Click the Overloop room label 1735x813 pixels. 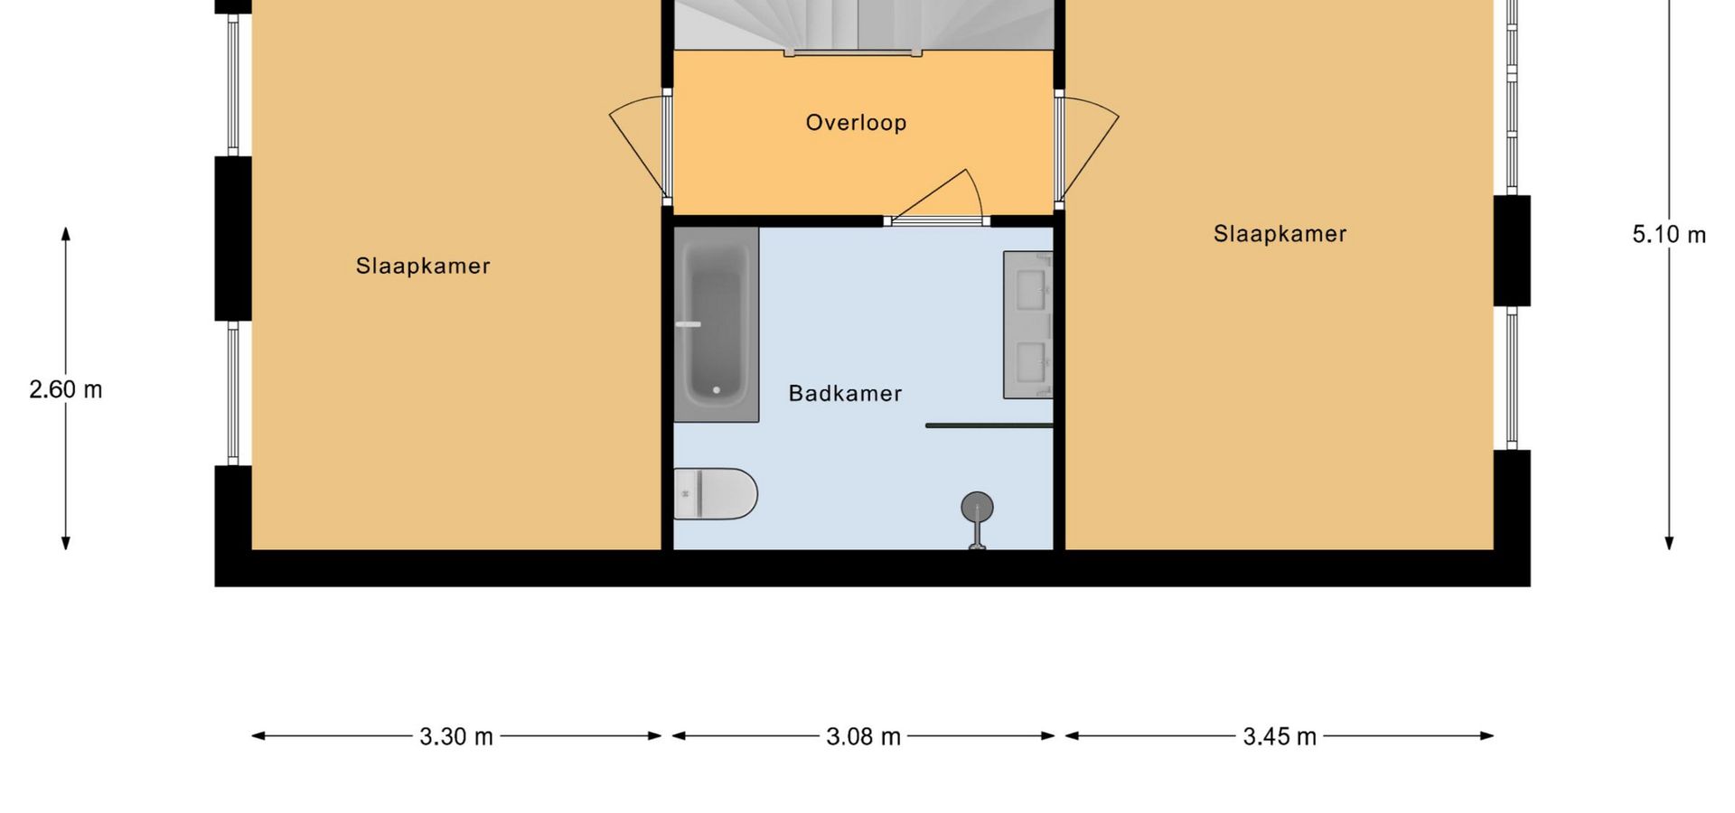856,123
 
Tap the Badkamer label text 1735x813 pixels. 845,394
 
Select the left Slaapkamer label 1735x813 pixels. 423,266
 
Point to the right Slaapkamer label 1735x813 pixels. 1280,234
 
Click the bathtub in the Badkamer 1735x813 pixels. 717,324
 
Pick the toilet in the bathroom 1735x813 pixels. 716,494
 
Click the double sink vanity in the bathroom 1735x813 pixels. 1028,325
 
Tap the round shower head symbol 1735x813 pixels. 977,508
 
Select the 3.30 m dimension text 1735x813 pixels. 456,737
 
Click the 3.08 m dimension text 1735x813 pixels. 863,737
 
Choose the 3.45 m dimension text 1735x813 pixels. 1280,737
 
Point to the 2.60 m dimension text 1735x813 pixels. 66,390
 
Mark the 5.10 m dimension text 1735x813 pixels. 1669,235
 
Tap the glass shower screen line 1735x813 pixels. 989,425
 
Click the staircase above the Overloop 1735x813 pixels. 865,25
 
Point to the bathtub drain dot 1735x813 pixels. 717,390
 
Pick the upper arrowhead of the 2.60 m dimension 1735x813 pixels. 66,234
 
